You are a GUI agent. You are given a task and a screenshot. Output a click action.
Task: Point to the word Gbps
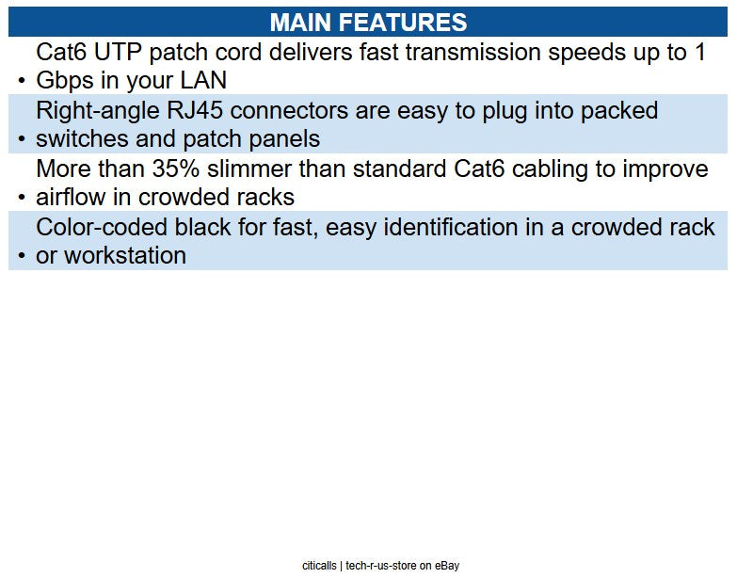point(67,81)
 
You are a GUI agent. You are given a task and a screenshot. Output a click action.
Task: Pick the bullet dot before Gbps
point(21,83)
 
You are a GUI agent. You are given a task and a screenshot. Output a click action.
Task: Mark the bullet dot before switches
point(21,141)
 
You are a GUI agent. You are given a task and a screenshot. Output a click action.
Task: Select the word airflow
point(71,198)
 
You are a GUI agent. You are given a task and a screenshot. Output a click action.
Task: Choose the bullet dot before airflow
point(21,200)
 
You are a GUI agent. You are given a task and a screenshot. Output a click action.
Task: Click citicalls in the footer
point(320,566)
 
